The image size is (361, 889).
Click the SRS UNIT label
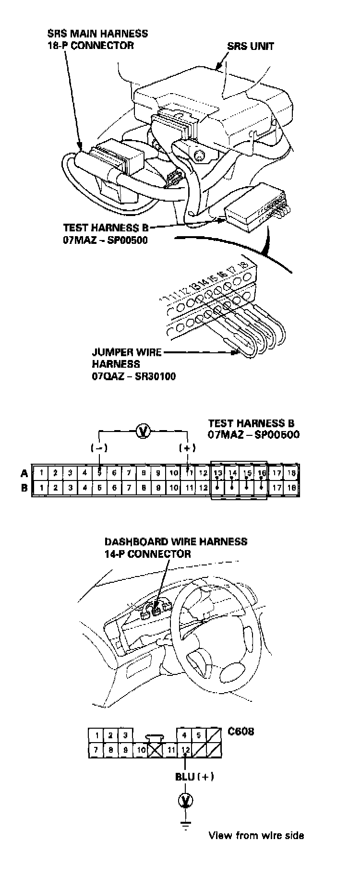click(x=251, y=46)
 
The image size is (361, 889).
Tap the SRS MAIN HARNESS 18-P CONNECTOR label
click(x=98, y=39)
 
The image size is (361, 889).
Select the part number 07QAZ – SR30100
click(x=133, y=376)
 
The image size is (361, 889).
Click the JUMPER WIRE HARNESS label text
click(x=126, y=358)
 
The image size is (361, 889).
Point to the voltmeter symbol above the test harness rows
click(x=143, y=432)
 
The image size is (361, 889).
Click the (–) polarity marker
click(x=99, y=448)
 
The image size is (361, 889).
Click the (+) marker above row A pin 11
click(x=187, y=448)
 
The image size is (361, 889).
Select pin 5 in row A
click(x=99, y=473)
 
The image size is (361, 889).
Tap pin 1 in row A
click(x=42, y=473)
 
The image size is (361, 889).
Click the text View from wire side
click(x=256, y=835)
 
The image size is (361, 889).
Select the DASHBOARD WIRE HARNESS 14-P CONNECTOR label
click(x=176, y=548)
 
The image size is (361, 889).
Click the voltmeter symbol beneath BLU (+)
click(x=185, y=800)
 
